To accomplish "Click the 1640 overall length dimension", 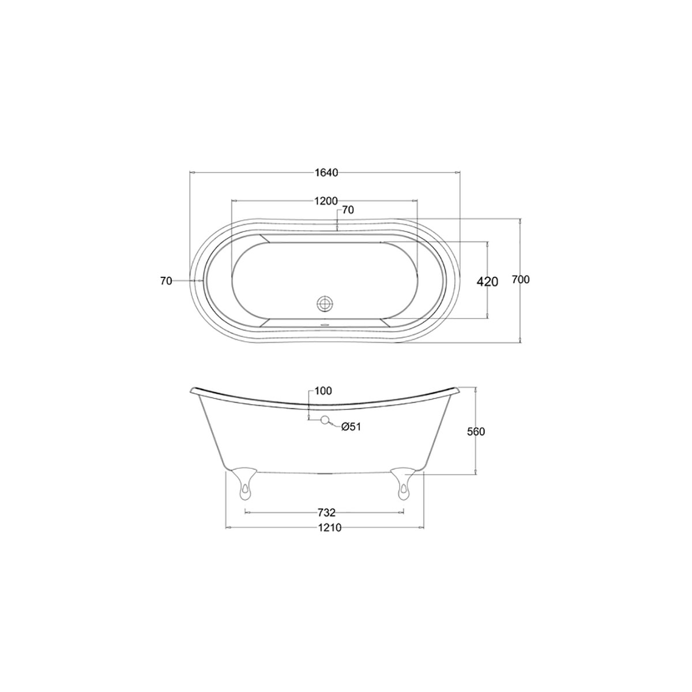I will pyautogui.click(x=326, y=172).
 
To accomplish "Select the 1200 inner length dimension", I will pyautogui.click(x=326, y=201).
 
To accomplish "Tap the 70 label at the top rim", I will pyautogui.click(x=348, y=210).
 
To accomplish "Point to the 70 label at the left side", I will pyautogui.click(x=166, y=281).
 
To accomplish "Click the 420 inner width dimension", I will pyautogui.click(x=487, y=281).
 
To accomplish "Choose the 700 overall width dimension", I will pyautogui.click(x=521, y=280).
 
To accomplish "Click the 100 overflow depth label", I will pyautogui.click(x=324, y=391).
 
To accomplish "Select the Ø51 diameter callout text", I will pyautogui.click(x=351, y=427).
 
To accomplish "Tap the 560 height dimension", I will pyautogui.click(x=476, y=431).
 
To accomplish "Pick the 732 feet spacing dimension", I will pyautogui.click(x=326, y=512).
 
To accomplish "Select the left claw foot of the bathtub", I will pyautogui.click(x=244, y=481).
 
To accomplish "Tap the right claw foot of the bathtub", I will pyautogui.click(x=403, y=481).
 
